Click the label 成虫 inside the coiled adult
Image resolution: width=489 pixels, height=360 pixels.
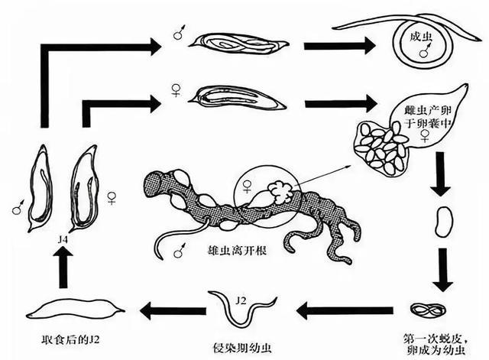[x=421, y=37]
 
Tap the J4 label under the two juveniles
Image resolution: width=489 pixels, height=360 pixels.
[x=63, y=239]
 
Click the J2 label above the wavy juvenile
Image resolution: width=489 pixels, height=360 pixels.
[x=241, y=300]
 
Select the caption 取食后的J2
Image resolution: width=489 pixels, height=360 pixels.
[x=70, y=339]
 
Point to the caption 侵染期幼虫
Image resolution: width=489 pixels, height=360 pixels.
[x=242, y=348]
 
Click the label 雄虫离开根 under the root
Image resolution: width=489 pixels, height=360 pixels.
[x=237, y=250]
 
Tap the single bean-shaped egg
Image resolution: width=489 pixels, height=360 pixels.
[x=443, y=221]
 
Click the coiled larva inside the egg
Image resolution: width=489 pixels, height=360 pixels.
[x=428, y=310]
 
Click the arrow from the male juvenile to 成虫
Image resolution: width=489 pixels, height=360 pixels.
[x=339, y=46]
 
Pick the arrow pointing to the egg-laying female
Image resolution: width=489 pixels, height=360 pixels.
[x=340, y=104]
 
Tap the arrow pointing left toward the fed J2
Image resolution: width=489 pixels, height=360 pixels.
[x=173, y=311]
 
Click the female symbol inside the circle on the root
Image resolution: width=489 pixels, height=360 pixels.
[x=247, y=186]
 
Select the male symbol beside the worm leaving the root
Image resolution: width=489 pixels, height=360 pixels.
[x=180, y=251]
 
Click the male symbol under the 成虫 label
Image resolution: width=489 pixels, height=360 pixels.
[x=425, y=51]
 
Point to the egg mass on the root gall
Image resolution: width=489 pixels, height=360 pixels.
[x=282, y=192]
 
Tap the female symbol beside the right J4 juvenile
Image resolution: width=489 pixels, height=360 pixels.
[x=112, y=198]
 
